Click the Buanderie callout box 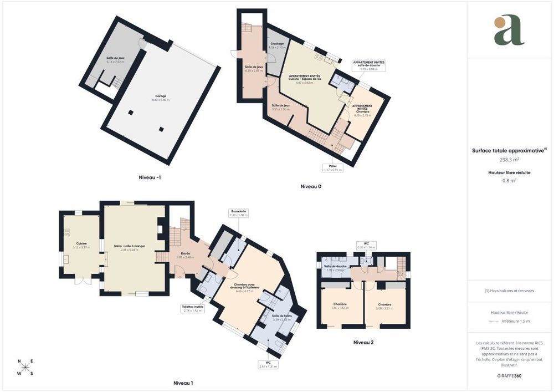239,213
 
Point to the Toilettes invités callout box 193,308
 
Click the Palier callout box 333,167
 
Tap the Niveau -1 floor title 150,177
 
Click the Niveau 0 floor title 311,186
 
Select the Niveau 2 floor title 363,342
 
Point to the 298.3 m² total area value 509,160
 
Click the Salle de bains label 281,317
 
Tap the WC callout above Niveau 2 366,245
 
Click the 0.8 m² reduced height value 509,180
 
